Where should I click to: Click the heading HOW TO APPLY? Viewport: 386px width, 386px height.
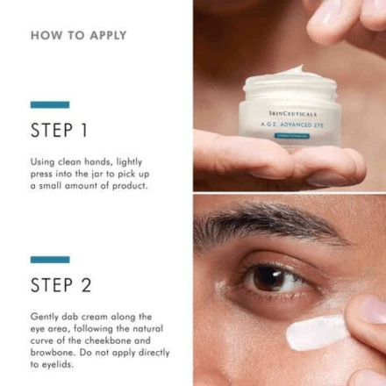[78, 35]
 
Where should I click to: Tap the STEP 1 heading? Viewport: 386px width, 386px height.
[59, 131]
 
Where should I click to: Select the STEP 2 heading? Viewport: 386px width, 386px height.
[61, 285]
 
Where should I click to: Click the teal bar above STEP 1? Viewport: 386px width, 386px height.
[49, 104]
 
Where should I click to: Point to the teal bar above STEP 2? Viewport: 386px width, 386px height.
[49, 260]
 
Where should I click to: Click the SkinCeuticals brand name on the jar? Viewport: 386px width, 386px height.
[293, 113]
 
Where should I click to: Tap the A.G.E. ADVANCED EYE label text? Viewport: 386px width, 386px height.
[292, 125]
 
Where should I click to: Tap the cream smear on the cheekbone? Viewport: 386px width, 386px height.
[316, 331]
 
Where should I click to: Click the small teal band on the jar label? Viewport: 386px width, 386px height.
[292, 135]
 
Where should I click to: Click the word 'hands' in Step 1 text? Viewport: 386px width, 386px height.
[96, 162]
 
